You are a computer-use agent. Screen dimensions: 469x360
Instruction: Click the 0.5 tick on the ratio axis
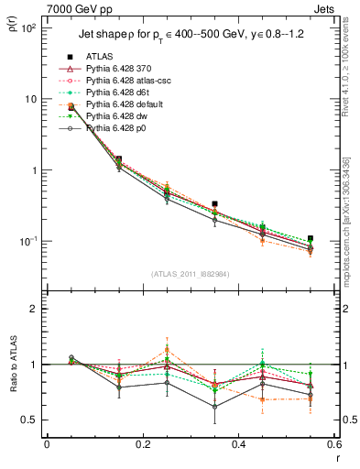(30, 420)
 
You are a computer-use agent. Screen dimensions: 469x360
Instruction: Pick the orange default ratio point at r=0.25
(167, 351)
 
